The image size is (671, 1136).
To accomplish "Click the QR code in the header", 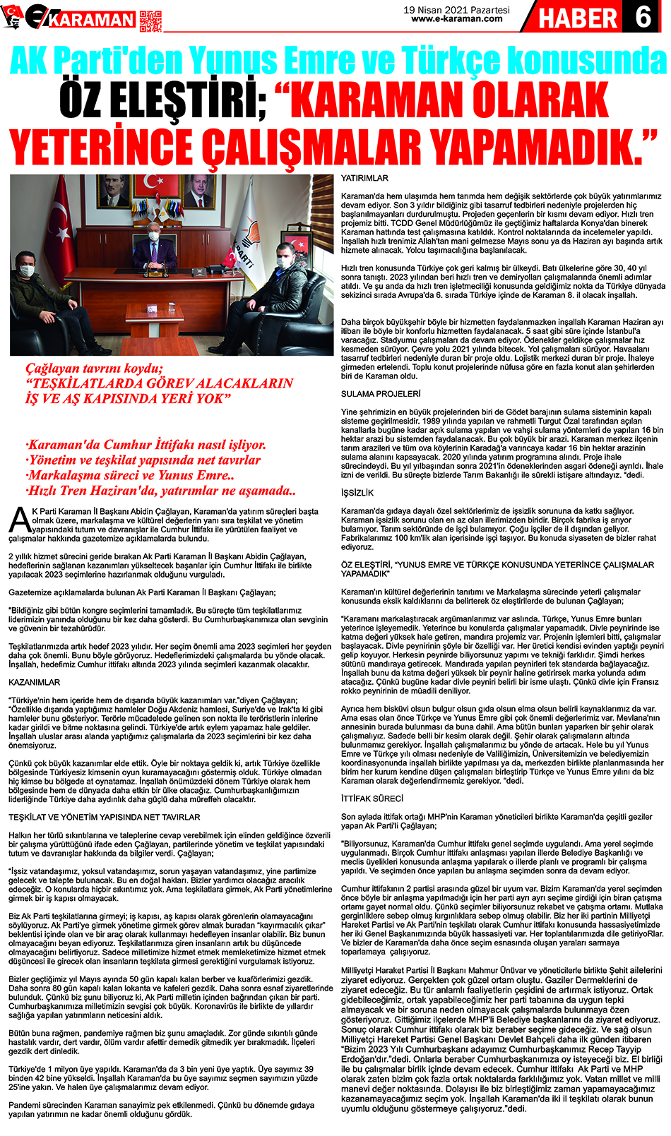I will [x=150, y=20].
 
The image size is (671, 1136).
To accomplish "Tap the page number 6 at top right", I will [x=644, y=16].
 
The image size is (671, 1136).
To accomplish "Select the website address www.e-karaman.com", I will [x=457, y=19].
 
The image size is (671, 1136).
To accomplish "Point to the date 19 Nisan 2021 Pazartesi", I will [x=457, y=10].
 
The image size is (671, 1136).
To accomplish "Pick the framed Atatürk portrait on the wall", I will [x=113, y=191].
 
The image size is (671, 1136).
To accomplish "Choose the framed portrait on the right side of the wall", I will [x=200, y=191].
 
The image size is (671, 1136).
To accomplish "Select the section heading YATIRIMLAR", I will [x=364, y=179].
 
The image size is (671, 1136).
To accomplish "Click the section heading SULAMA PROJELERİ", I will [x=380, y=394].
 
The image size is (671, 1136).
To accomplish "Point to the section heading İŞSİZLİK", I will [x=357, y=493].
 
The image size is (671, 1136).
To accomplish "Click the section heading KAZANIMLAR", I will [x=34, y=682].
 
